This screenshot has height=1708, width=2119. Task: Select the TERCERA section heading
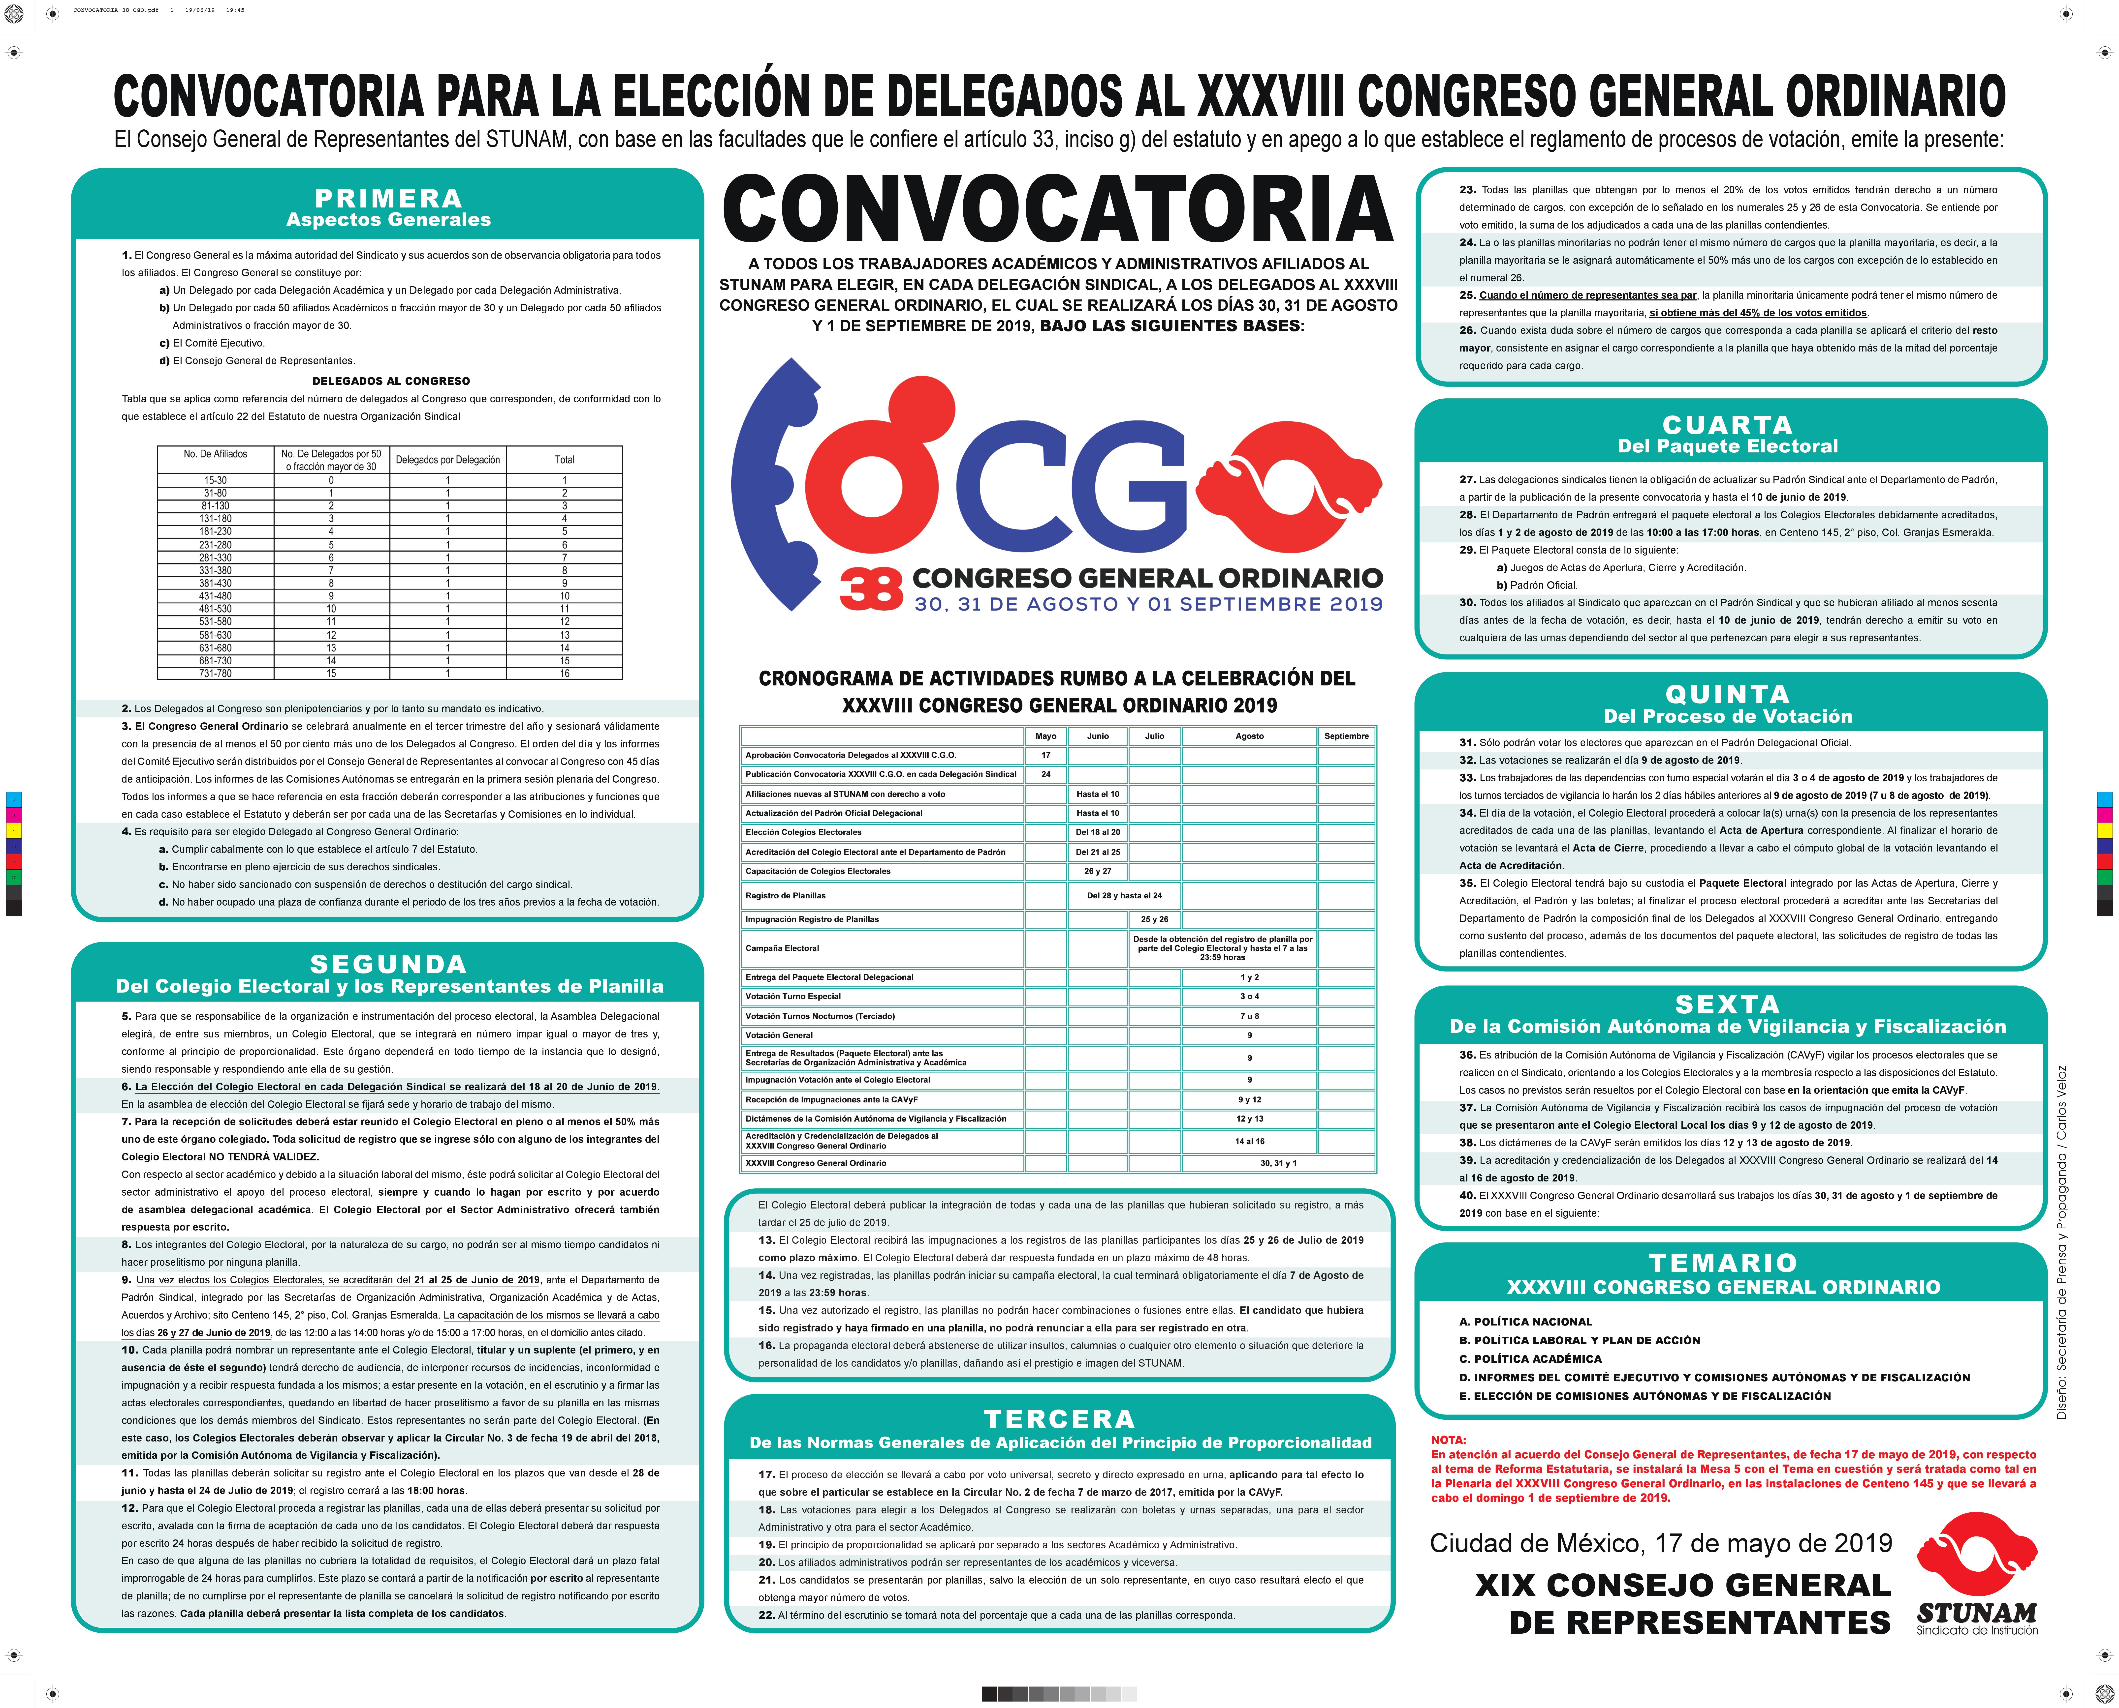1059,1419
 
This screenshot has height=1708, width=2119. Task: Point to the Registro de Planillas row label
785,895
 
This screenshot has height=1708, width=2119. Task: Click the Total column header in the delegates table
564,459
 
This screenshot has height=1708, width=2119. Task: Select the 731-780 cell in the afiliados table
216,674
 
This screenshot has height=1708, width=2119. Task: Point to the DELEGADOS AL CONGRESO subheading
391,381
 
